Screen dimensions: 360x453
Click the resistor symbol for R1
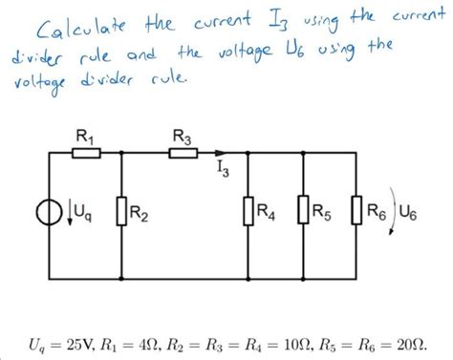coord(87,151)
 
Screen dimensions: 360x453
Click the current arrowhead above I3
coord(223,151)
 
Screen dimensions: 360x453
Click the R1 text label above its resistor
coord(86,137)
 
